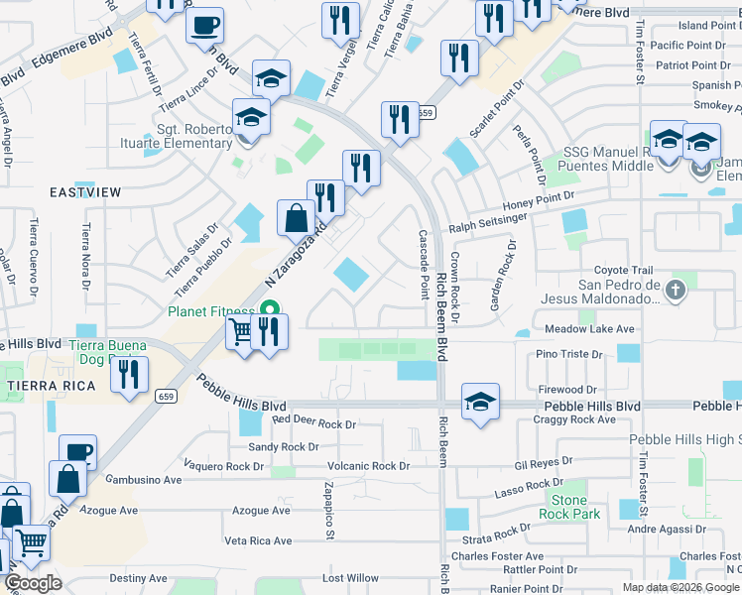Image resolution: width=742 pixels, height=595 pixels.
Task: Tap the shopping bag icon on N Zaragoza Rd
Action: pyautogui.click(x=296, y=217)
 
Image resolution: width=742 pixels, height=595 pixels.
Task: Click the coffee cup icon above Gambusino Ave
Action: pyautogui.click(x=77, y=452)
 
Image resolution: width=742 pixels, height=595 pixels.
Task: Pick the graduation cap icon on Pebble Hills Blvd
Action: pyautogui.click(x=480, y=401)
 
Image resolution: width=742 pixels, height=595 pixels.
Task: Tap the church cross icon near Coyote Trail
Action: pyautogui.click(x=675, y=291)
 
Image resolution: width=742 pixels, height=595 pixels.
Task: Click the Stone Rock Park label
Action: pyautogui.click(x=569, y=507)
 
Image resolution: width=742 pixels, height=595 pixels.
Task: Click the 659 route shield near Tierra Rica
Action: pyautogui.click(x=165, y=396)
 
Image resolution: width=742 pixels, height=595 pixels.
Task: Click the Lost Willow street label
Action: pyautogui.click(x=350, y=578)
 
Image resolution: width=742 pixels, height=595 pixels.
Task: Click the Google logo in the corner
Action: pyautogui.click(x=34, y=583)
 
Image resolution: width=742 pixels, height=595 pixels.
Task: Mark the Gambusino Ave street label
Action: pyautogui.click(x=145, y=479)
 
